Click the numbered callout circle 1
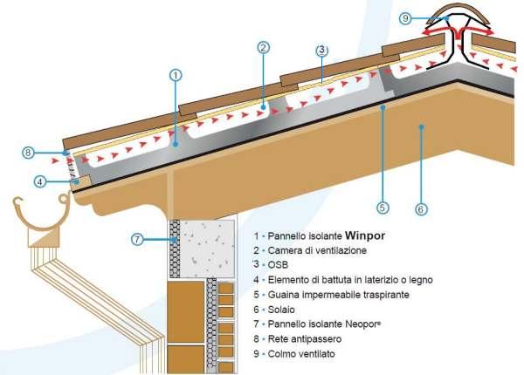(176, 75)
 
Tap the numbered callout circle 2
(262, 48)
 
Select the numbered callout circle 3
(322, 50)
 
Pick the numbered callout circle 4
(41, 182)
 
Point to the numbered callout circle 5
(382, 208)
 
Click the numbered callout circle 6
(420, 209)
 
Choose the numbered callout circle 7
(136, 238)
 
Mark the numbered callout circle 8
(29, 153)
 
